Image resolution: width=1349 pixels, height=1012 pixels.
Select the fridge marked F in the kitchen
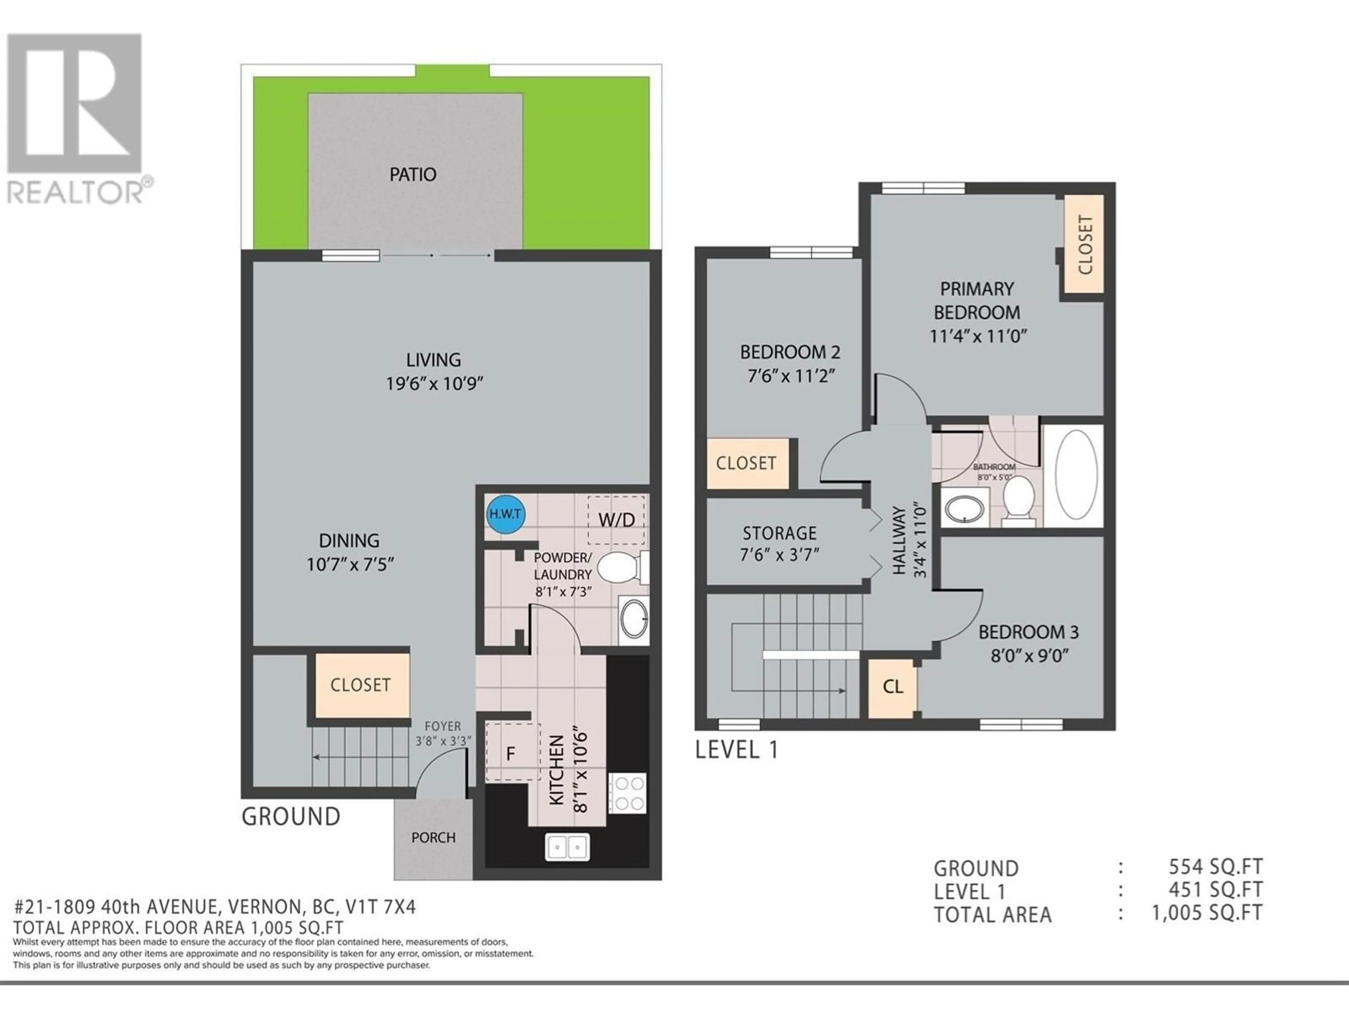512,752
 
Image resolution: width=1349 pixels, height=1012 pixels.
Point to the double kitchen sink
567,847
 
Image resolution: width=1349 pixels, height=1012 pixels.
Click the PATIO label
413,174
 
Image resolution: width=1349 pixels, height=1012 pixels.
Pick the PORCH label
433,838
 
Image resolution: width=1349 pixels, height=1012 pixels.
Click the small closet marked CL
892,687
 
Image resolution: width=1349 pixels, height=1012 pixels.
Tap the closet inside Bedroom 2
747,463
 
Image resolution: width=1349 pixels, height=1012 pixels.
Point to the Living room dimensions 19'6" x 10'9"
434,384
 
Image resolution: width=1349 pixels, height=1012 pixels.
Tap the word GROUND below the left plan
291,817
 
